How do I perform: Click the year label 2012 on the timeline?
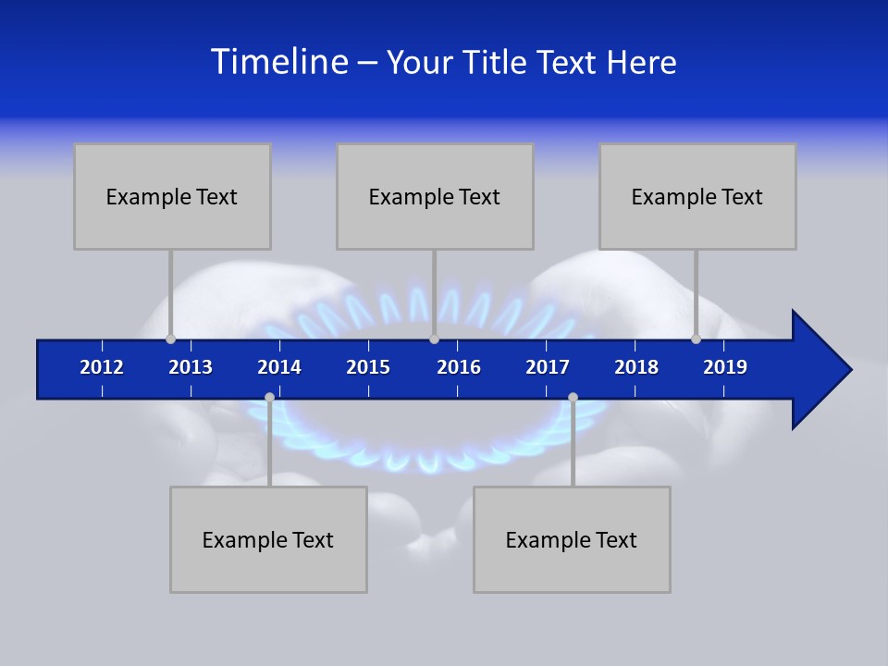tap(102, 367)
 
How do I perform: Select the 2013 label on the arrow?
tap(191, 367)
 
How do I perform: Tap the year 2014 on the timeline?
tap(279, 367)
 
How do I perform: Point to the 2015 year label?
tap(368, 367)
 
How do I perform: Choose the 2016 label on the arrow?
tap(459, 367)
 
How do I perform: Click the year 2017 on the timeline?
tap(548, 367)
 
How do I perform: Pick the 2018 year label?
tap(636, 367)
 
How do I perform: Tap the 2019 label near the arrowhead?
tap(725, 367)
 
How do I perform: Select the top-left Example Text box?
tap(172, 196)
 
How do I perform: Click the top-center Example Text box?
tap(435, 196)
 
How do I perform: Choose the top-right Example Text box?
tap(697, 196)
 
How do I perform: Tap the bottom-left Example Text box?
tap(268, 539)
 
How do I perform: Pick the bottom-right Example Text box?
tap(572, 539)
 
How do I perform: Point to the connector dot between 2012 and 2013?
tap(170, 339)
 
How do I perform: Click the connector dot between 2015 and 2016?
tap(434, 339)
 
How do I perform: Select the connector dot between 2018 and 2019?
tap(696, 339)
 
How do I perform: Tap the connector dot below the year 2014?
tap(269, 398)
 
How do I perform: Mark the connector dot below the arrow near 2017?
tap(573, 398)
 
